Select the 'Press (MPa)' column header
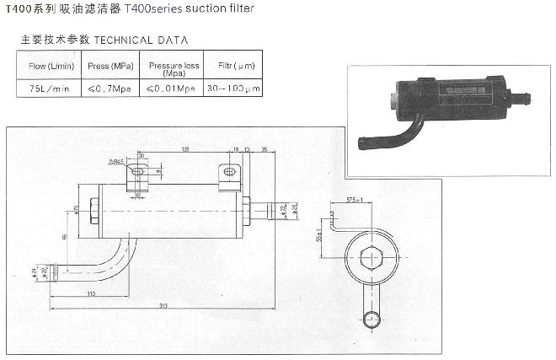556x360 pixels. click(x=110, y=65)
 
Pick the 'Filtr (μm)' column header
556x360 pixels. click(x=231, y=65)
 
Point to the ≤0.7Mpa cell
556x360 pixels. click(x=110, y=86)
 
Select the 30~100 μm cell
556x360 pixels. click(x=231, y=86)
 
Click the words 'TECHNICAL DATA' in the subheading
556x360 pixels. click(x=141, y=40)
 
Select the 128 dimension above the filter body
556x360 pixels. click(x=183, y=149)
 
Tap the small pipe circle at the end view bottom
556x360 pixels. click(x=371, y=319)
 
